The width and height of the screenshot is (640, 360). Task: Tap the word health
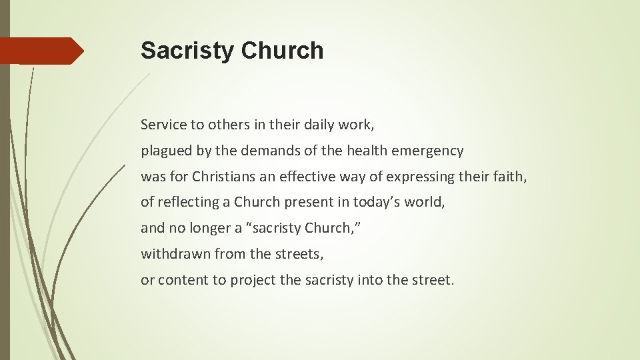pyautogui.click(x=343, y=151)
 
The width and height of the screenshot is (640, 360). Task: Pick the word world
pyautogui.click(x=423, y=202)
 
